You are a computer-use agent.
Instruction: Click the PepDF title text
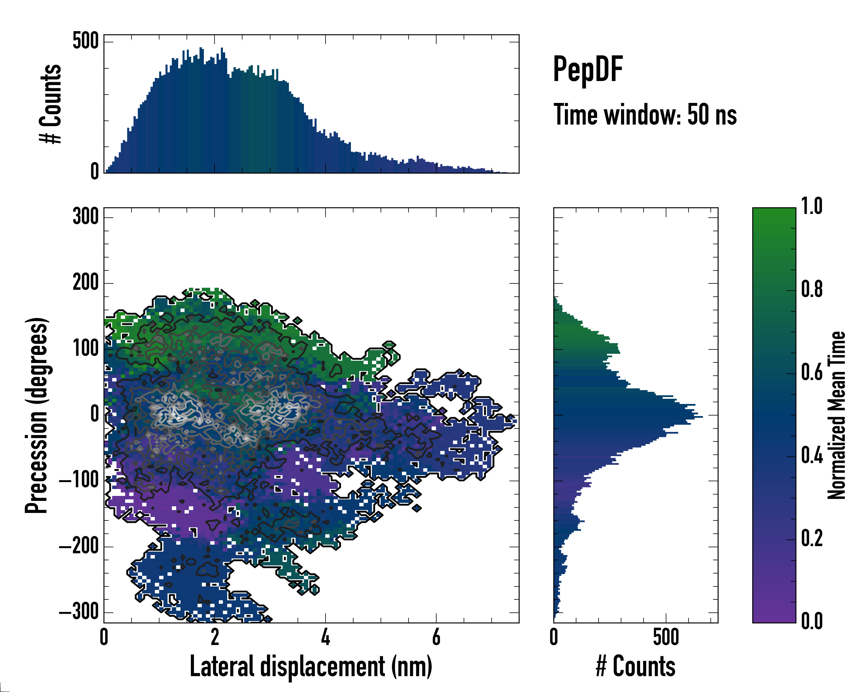click(587, 70)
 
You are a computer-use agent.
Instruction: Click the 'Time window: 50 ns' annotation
click(645, 115)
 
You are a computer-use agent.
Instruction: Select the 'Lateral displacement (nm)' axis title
click(311, 666)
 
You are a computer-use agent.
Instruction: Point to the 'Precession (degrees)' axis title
click(37, 415)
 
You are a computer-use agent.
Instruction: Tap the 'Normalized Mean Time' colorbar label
click(836, 415)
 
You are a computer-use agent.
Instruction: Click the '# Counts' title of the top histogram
click(51, 104)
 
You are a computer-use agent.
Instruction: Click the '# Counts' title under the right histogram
click(635, 666)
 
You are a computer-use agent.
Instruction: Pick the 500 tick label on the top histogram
click(85, 41)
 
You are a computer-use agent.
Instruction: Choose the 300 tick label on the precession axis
click(85, 217)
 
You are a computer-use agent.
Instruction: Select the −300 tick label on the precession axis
click(79, 612)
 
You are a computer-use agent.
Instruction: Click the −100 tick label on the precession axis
click(79, 480)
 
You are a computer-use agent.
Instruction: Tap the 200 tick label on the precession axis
click(85, 283)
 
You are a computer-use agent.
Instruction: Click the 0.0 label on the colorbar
click(812, 621)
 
